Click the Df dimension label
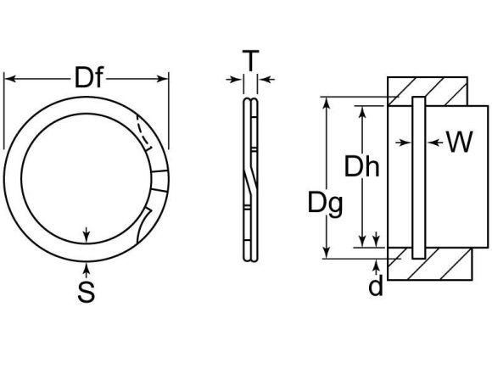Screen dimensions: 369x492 tap(87, 79)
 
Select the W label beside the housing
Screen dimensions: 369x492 tap(458, 143)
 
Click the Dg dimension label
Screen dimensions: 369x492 tap(326, 203)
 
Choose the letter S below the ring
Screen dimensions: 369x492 tap(86, 293)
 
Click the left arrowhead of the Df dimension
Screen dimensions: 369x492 tap(10, 79)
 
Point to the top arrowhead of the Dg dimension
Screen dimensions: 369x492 tap(325, 103)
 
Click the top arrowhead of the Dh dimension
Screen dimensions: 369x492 tap(362, 111)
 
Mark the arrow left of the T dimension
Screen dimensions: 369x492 tap(233, 81)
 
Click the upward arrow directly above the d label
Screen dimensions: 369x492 tap(376, 263)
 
